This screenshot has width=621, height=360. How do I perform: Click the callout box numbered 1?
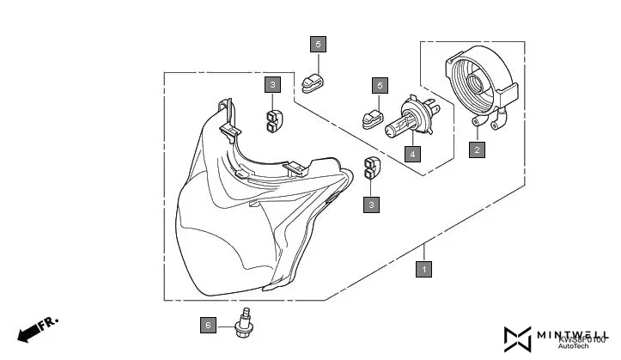coord(422,269)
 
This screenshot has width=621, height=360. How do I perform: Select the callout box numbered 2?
coord(476,149)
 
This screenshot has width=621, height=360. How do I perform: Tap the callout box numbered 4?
coord(413,155)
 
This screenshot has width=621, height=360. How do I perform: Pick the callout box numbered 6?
coord(207,326)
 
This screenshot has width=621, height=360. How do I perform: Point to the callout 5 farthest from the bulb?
coord(317,45)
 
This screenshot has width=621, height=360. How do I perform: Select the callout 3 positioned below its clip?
coord(371,204)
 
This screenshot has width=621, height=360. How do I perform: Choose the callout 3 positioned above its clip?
coord(271,85)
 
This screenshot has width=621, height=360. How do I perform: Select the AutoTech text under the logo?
coord(574,346)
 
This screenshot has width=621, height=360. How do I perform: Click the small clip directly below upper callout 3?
coord(274,120)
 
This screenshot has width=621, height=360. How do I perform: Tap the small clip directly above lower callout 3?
coord(372,169)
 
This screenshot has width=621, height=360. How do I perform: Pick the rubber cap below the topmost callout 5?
coord(314,82)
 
